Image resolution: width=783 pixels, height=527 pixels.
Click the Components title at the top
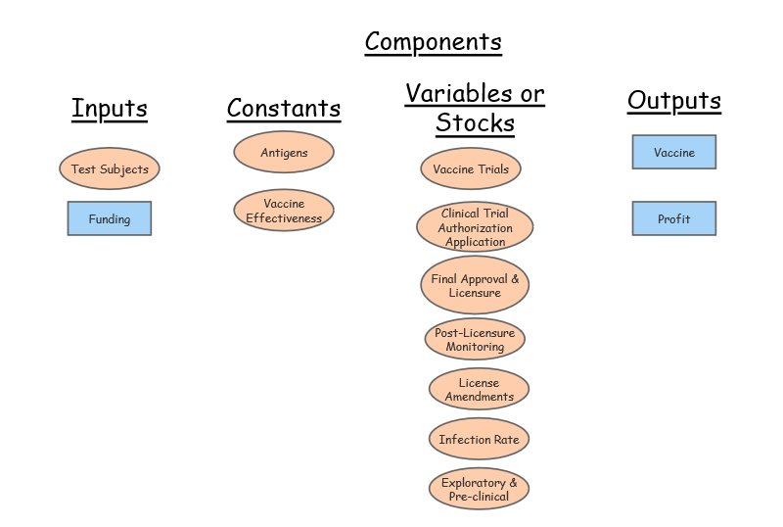(x=433, y=42)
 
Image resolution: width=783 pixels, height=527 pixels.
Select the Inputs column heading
(x=109, y=107)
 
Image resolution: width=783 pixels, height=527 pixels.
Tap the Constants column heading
(x=284, y=108)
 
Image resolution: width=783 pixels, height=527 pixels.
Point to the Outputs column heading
(x=673, y=100)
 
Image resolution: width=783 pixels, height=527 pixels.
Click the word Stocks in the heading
(x=475, y=123)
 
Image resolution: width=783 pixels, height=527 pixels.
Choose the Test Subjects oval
(x=110, y=169)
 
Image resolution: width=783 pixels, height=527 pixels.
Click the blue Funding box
(x=110, y=219)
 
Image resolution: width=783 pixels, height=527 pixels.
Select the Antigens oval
(x=284, y=153)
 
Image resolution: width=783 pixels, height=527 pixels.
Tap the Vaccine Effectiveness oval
(x=284, y=212)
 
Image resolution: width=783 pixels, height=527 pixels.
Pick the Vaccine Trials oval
(x=471, y=169)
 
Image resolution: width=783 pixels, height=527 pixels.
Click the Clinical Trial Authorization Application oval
(x=475, y=228)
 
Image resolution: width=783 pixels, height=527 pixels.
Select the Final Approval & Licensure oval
(x=475, y=286)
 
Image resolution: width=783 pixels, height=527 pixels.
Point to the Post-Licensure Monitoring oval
(x=475, y=340)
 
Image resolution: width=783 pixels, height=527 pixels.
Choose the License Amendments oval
(x=479, y=390)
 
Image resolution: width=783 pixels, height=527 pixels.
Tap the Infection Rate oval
(x=479, y=440)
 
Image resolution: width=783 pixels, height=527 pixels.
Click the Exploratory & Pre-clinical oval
(x=479, y=490)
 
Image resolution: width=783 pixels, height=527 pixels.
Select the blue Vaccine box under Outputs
(x=674, y=153)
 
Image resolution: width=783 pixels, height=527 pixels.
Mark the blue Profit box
(x=674, y=219)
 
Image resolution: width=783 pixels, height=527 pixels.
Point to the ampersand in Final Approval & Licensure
(x=515, y=279)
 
